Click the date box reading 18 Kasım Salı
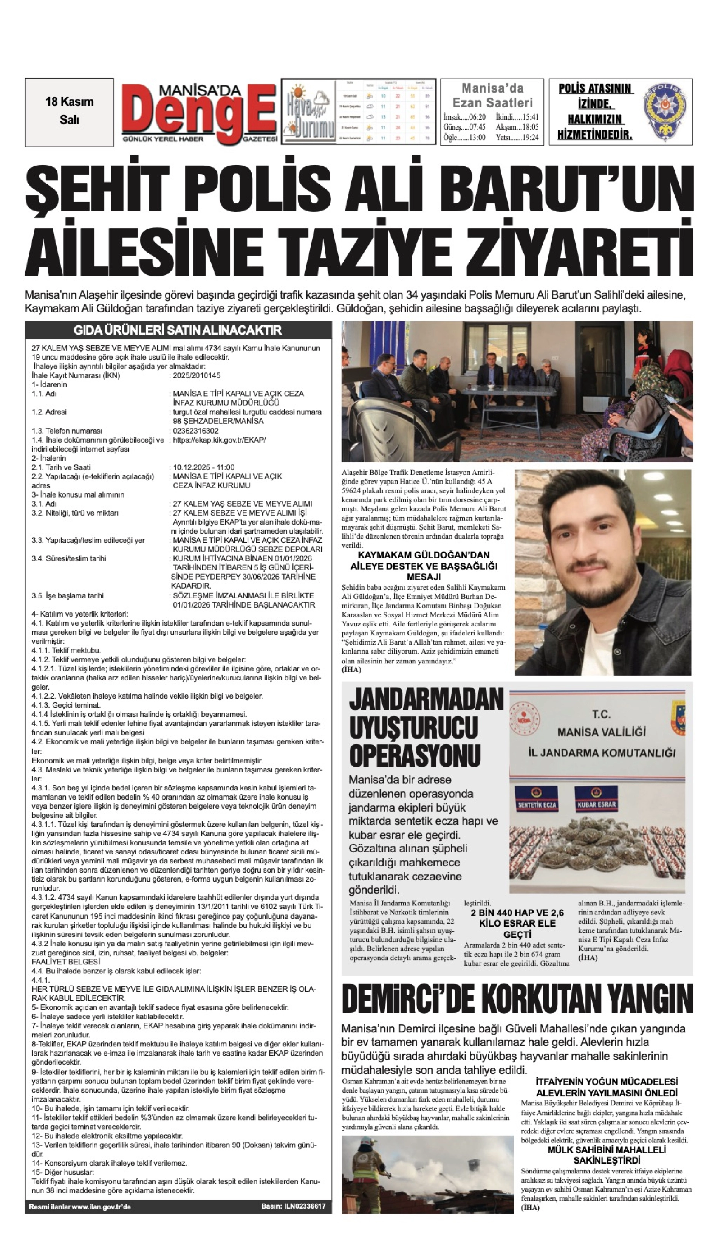(69, 112)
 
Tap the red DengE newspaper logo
(200, 113)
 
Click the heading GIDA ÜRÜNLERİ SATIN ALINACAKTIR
(178, 330)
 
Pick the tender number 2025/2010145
(196, 376)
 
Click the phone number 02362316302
(195, 431)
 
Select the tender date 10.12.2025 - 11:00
(203, 467)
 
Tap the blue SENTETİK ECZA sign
(537, 804)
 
